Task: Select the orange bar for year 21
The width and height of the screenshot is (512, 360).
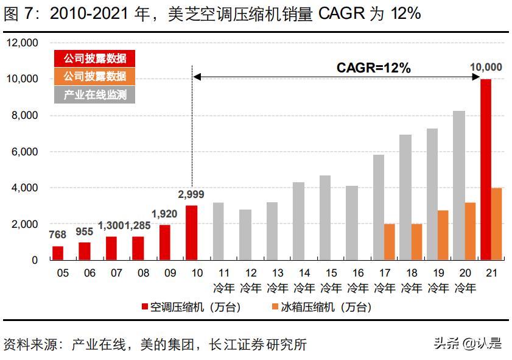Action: click(497, 224)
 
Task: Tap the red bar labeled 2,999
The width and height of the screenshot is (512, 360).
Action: click(191, 232)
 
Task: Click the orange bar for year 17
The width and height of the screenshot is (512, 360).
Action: click(389, 241)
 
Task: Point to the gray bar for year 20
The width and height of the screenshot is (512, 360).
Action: click(458, 185)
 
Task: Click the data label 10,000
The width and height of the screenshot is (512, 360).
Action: click(486, 67)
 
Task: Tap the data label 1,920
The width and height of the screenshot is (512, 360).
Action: click(164, 213)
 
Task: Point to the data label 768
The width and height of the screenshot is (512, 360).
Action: click(57, 235)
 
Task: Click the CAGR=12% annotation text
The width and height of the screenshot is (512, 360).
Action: click(373, 68)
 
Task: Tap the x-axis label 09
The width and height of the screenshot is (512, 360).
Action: click(170, 274)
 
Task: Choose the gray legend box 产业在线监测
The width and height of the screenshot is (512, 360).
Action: click(94, 94)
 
